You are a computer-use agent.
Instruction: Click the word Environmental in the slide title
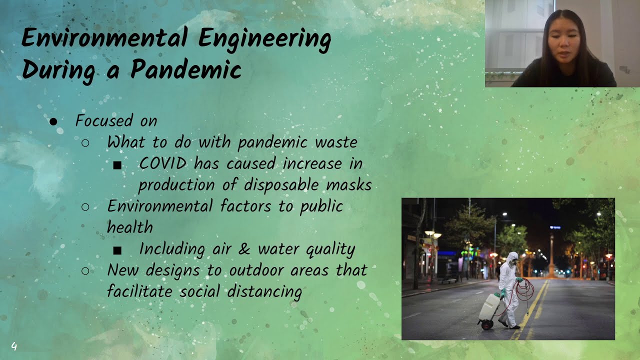click(x=104, y=38)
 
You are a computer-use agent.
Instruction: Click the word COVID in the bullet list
click(x=163, y=163)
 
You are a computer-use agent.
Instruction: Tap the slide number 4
click(x=14, y=346)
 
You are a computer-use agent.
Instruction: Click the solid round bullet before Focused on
click(x=54, y=121)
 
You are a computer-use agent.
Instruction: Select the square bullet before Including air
click(x=117, y=250)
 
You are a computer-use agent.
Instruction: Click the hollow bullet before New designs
click(x=85, y=270)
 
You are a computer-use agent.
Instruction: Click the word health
click(x=129, y=227)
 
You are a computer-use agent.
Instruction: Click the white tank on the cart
click(x=489, y=306)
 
